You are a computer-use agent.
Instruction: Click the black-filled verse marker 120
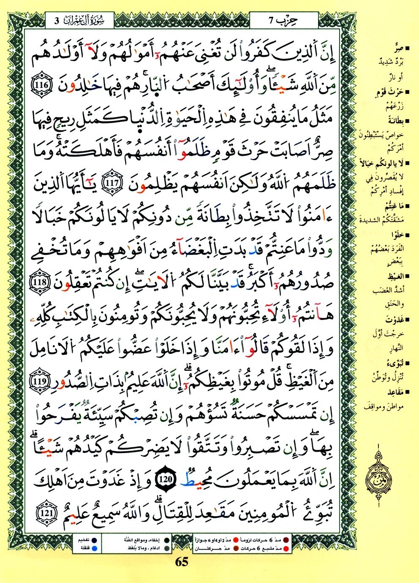[x=164, y=479]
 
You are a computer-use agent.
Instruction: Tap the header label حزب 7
[x=283, y=20]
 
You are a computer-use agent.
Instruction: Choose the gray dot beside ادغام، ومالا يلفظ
[x=168, y=548]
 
